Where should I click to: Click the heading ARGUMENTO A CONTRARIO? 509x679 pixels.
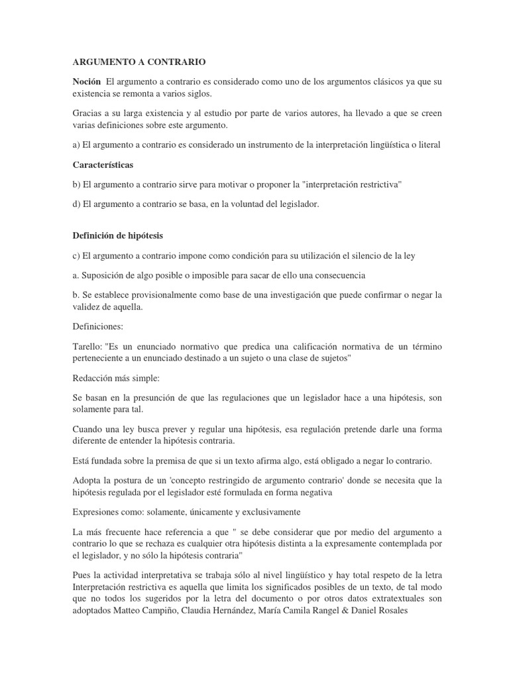[139, 62]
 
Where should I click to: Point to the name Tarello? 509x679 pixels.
[87, 347]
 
